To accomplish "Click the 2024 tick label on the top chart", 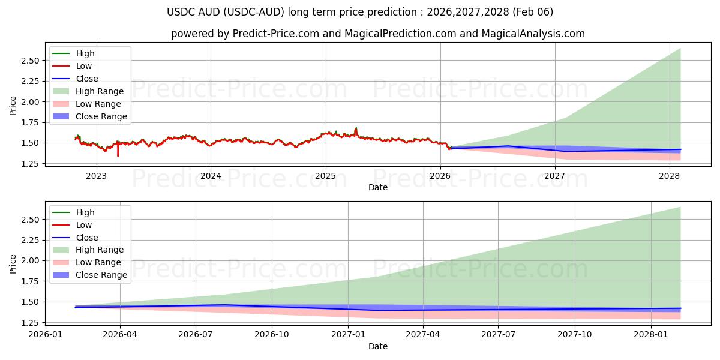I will tap(211, 176).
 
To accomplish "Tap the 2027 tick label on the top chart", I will tap(555, 176).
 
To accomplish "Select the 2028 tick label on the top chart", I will tap(670, 176).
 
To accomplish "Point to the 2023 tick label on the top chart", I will tap(96, 176).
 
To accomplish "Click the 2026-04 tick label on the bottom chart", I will tap(120, 335).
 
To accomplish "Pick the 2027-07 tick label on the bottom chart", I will tap(499, 335).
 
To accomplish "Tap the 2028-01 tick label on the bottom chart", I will tap(651, 335).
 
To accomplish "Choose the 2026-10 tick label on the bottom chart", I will tap(272, 335).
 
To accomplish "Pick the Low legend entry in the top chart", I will tap(84, 66).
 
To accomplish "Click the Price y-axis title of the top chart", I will tap(13, 106).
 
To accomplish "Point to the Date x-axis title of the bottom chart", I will tap(378, 346).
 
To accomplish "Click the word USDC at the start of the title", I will tap(179, 12).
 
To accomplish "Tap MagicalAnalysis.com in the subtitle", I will tap(534, 34).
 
